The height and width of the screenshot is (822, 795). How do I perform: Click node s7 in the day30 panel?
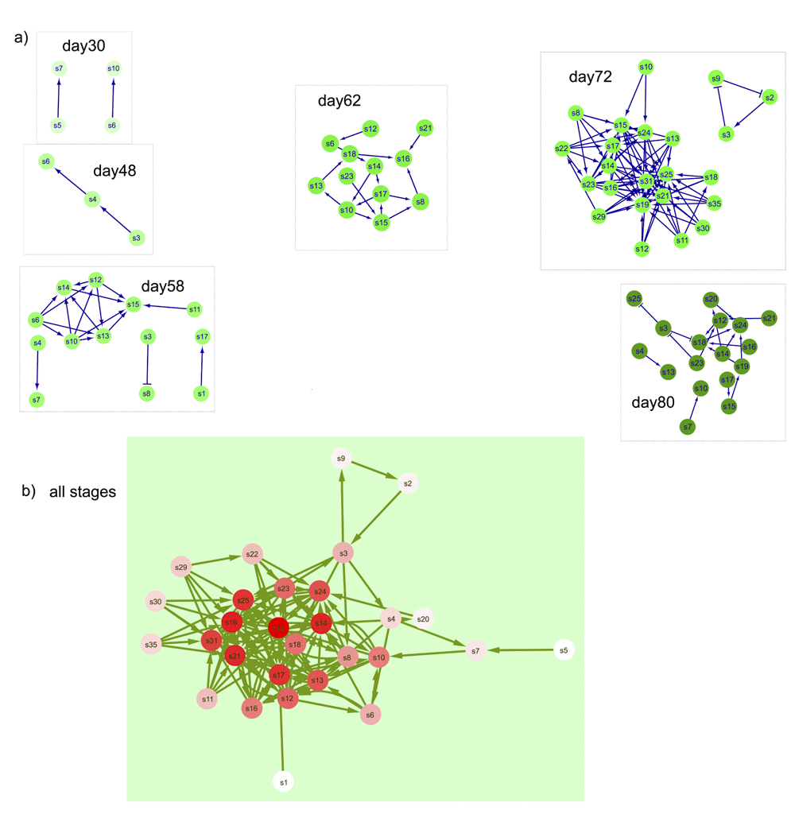tap(59, 69)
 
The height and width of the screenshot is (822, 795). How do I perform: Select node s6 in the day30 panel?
tap(112, 126)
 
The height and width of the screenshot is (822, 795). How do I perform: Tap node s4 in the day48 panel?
tap(92, 199)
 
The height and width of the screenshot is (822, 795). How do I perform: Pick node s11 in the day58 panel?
tap(192, 308)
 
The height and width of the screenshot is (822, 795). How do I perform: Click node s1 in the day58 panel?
tap(200, 394)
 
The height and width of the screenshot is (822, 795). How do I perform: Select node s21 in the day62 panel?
tap(425, 128)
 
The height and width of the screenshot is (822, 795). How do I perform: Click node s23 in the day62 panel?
tap(347, 176)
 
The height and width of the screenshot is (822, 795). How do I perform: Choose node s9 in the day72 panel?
tap(716, 78)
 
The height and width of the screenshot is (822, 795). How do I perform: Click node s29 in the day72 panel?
tap(598, 216)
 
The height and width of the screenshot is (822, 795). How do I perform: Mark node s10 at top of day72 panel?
tap(646, 67)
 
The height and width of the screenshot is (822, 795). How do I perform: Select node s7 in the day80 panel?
tap(688, 427)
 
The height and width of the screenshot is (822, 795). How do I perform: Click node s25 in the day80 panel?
tap(634, 299)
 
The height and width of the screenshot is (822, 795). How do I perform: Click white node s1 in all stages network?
tap(282, 782)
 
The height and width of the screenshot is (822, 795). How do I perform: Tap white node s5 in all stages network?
tap(564, 650)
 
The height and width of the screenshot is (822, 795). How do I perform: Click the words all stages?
tap(83, 492)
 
